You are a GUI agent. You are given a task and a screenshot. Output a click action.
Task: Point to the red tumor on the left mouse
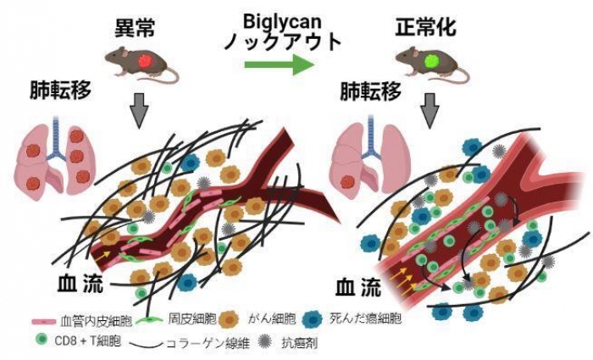click(x=145, y=62)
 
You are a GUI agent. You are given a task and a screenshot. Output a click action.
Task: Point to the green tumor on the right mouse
click(x=432, y=61)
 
